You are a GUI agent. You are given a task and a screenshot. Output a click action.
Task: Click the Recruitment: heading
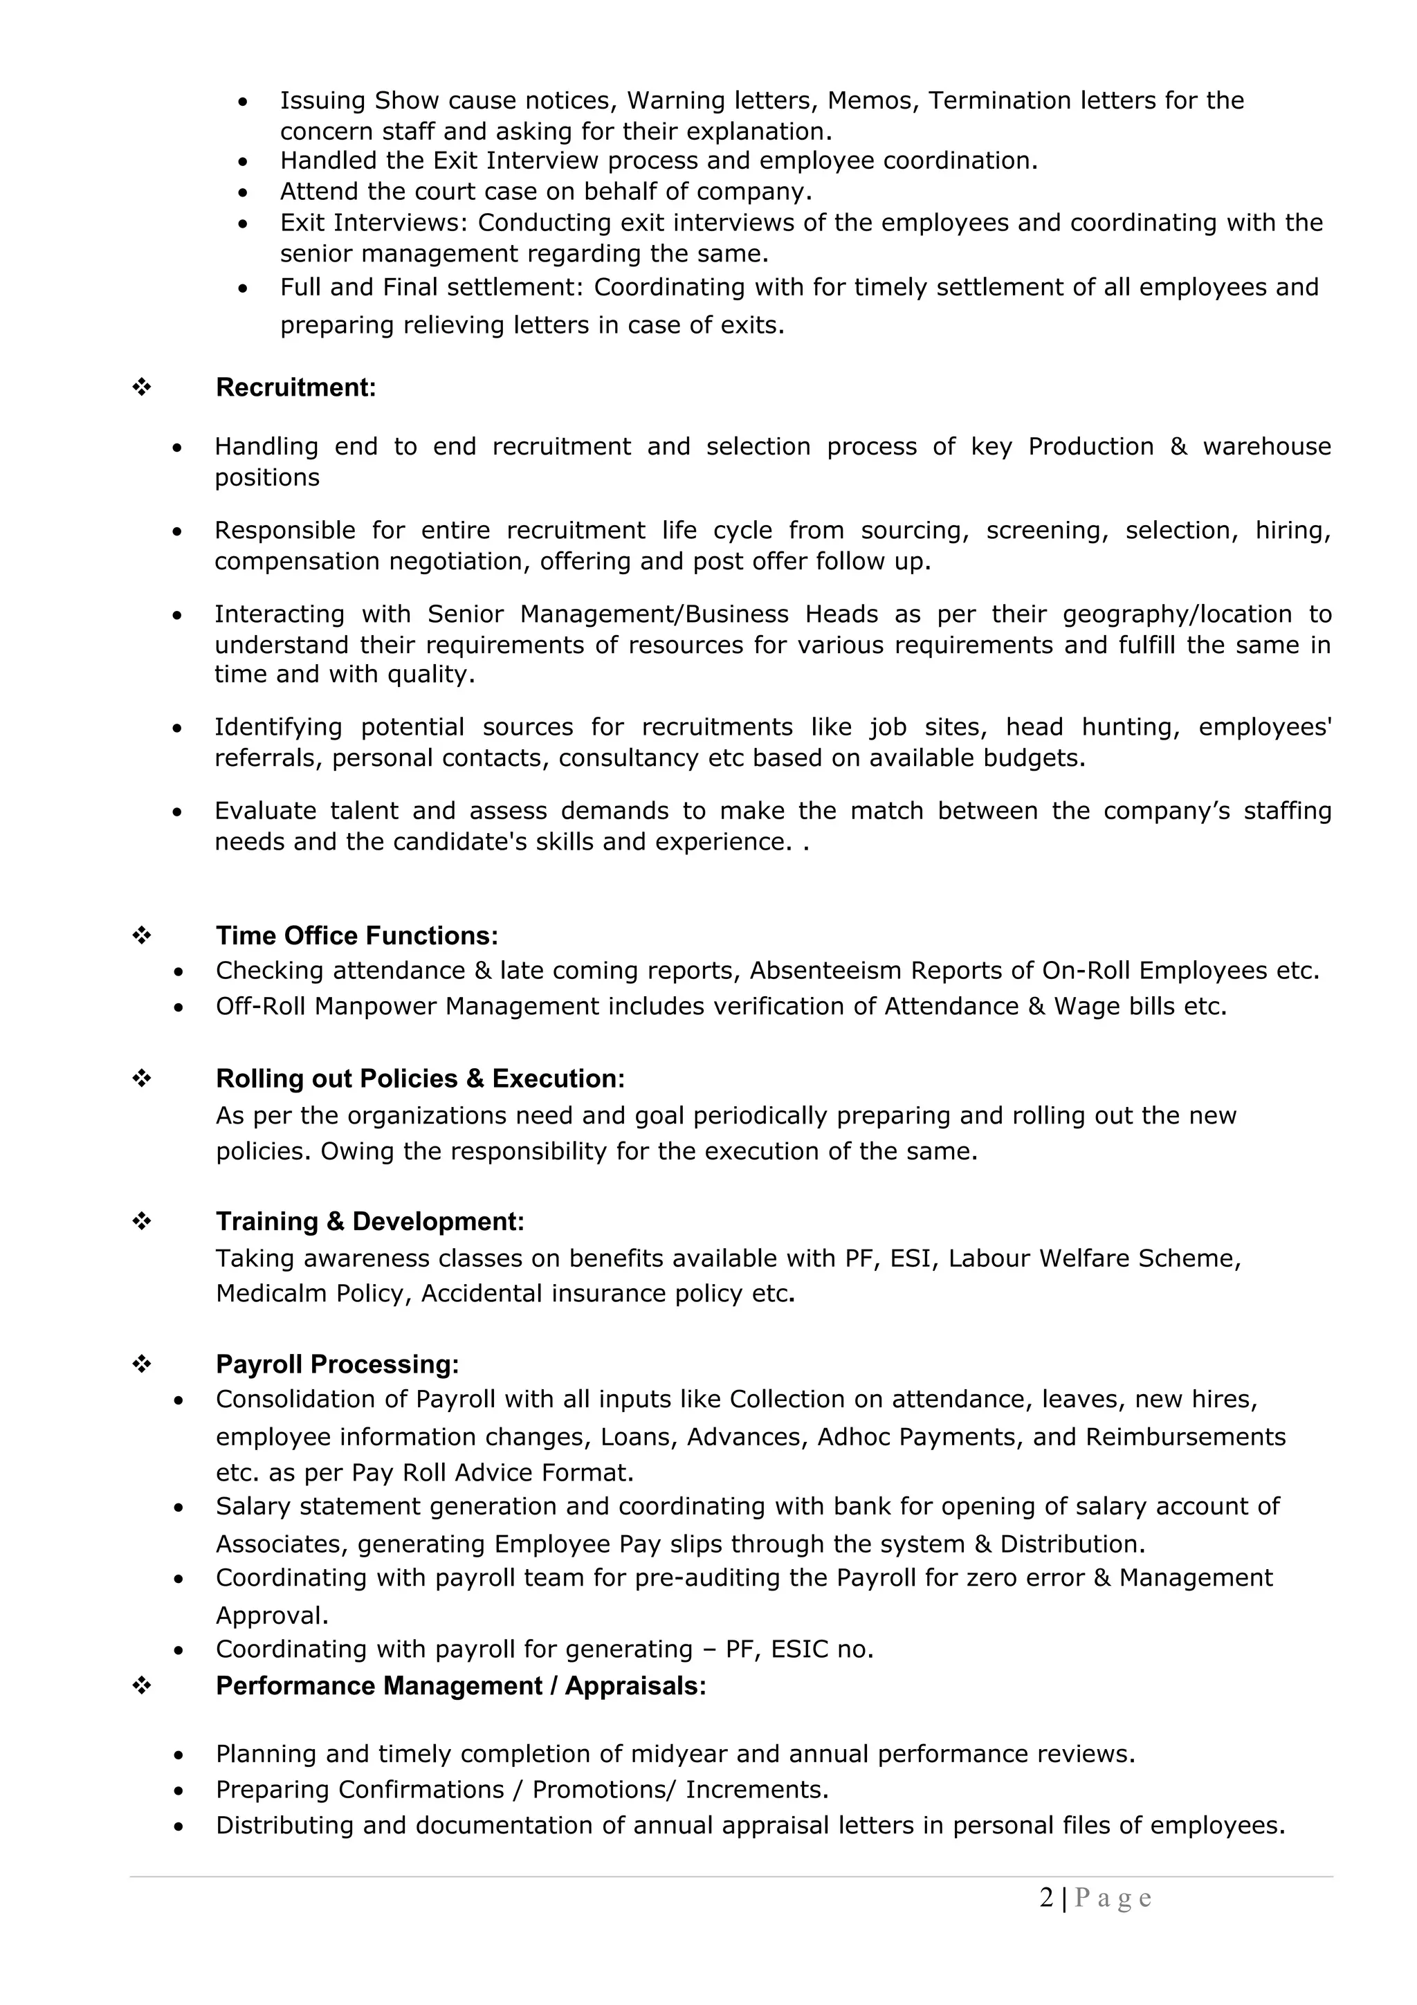coord(295,387)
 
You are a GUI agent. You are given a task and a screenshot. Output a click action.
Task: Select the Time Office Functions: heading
coord(356,936)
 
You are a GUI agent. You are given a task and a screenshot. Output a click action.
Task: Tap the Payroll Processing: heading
coord(337,1364)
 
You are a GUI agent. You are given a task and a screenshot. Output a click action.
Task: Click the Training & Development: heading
coord(369,1222)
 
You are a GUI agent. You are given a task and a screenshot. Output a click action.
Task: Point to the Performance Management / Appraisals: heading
coord(460,1685)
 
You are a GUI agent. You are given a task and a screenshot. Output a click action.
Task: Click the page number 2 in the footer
coord(1046,1898)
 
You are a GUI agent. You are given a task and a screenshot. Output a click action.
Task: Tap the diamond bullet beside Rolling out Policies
coord(141,1079)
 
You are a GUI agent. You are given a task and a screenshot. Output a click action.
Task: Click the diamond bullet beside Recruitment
coord(141,387)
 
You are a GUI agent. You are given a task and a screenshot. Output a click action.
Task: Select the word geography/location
coord(1176,615)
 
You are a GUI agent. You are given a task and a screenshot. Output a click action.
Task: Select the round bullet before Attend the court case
coord(243,192)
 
